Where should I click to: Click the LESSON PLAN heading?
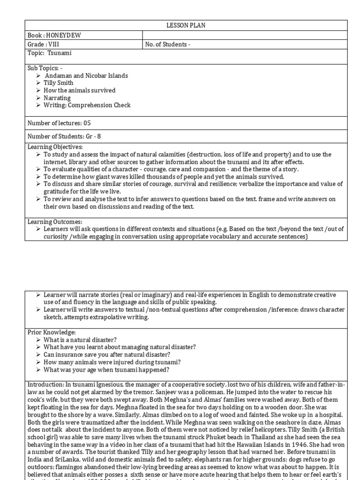(x=186, y=25)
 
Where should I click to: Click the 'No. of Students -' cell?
(x=168, y=45)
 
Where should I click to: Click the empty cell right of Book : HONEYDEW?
(x=245, y=35)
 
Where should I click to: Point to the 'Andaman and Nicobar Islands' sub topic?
(x=86, y=75)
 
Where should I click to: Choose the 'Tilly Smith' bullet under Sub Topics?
(x=59, y=83)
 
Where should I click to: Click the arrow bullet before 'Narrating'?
(x=38, y=98)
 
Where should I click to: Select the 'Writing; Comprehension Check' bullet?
(x=87, y=105)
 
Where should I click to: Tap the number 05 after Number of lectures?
(x=87, y=123)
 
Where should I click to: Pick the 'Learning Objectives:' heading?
(x=55, y=147)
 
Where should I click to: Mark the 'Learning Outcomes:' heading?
(x=54, y=221)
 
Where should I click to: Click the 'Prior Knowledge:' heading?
(x=51, y=332)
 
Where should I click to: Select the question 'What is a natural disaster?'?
(x=80, y=339)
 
